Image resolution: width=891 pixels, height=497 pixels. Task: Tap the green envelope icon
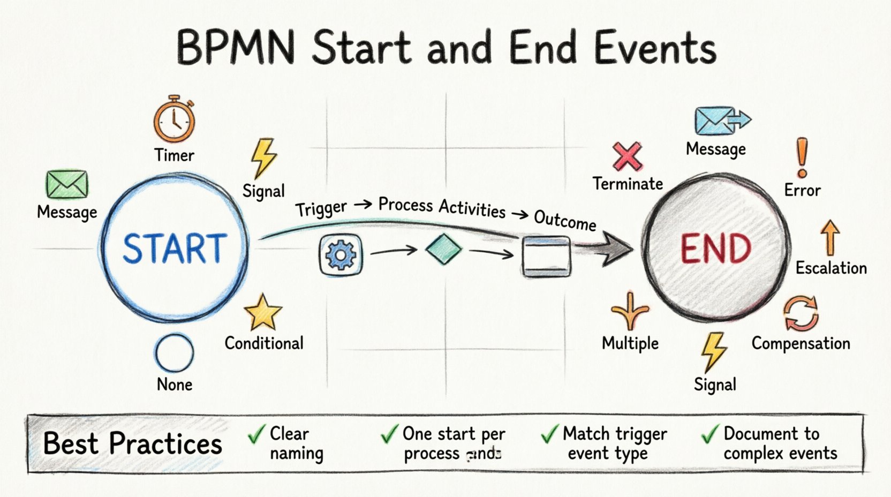(67, 185)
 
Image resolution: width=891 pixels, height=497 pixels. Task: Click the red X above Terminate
(628, 157)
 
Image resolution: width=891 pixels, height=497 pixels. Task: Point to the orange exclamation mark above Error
(802, 157)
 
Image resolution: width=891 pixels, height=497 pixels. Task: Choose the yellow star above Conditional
(263, 312)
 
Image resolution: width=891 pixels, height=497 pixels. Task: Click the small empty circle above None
(174, 353)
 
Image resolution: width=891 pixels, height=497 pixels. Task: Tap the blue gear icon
(341, 255)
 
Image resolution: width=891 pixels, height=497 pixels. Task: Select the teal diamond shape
(443, 250)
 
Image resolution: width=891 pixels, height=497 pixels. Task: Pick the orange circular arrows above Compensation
(801, 314)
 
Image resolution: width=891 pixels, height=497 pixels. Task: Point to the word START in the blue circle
(175, 249)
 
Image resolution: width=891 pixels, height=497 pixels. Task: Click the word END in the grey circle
(716, 249)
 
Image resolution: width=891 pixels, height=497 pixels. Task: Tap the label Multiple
(630, 343)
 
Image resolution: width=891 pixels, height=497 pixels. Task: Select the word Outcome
(565, 220)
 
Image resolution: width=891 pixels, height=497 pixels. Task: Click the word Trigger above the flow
(321, 209)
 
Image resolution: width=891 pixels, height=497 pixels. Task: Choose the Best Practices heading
(132, 444)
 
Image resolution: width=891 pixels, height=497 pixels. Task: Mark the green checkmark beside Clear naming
(257, 434)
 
